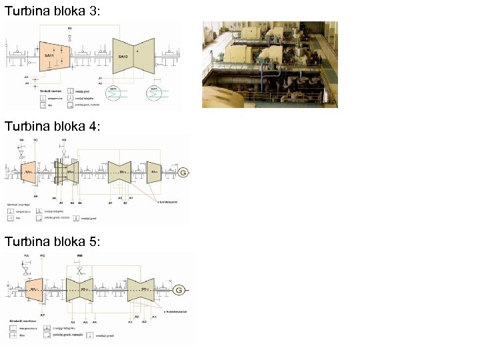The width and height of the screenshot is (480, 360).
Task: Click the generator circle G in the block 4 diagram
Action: click(183, 173)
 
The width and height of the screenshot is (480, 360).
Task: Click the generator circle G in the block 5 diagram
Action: click(179, 290)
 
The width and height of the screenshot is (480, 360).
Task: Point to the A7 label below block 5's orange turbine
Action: click(42, 313)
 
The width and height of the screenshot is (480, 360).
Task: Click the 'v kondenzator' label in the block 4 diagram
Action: click(167, 201)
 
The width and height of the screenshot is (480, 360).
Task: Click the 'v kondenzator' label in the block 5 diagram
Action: click(175, 311)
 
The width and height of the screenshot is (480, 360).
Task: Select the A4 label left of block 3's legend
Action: click(27, 83)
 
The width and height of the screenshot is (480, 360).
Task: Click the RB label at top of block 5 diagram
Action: click(80, 256)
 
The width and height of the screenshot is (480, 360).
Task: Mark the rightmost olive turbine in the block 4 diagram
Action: click(155, 173)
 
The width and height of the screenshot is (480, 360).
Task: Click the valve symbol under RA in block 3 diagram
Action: click(70, 37)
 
